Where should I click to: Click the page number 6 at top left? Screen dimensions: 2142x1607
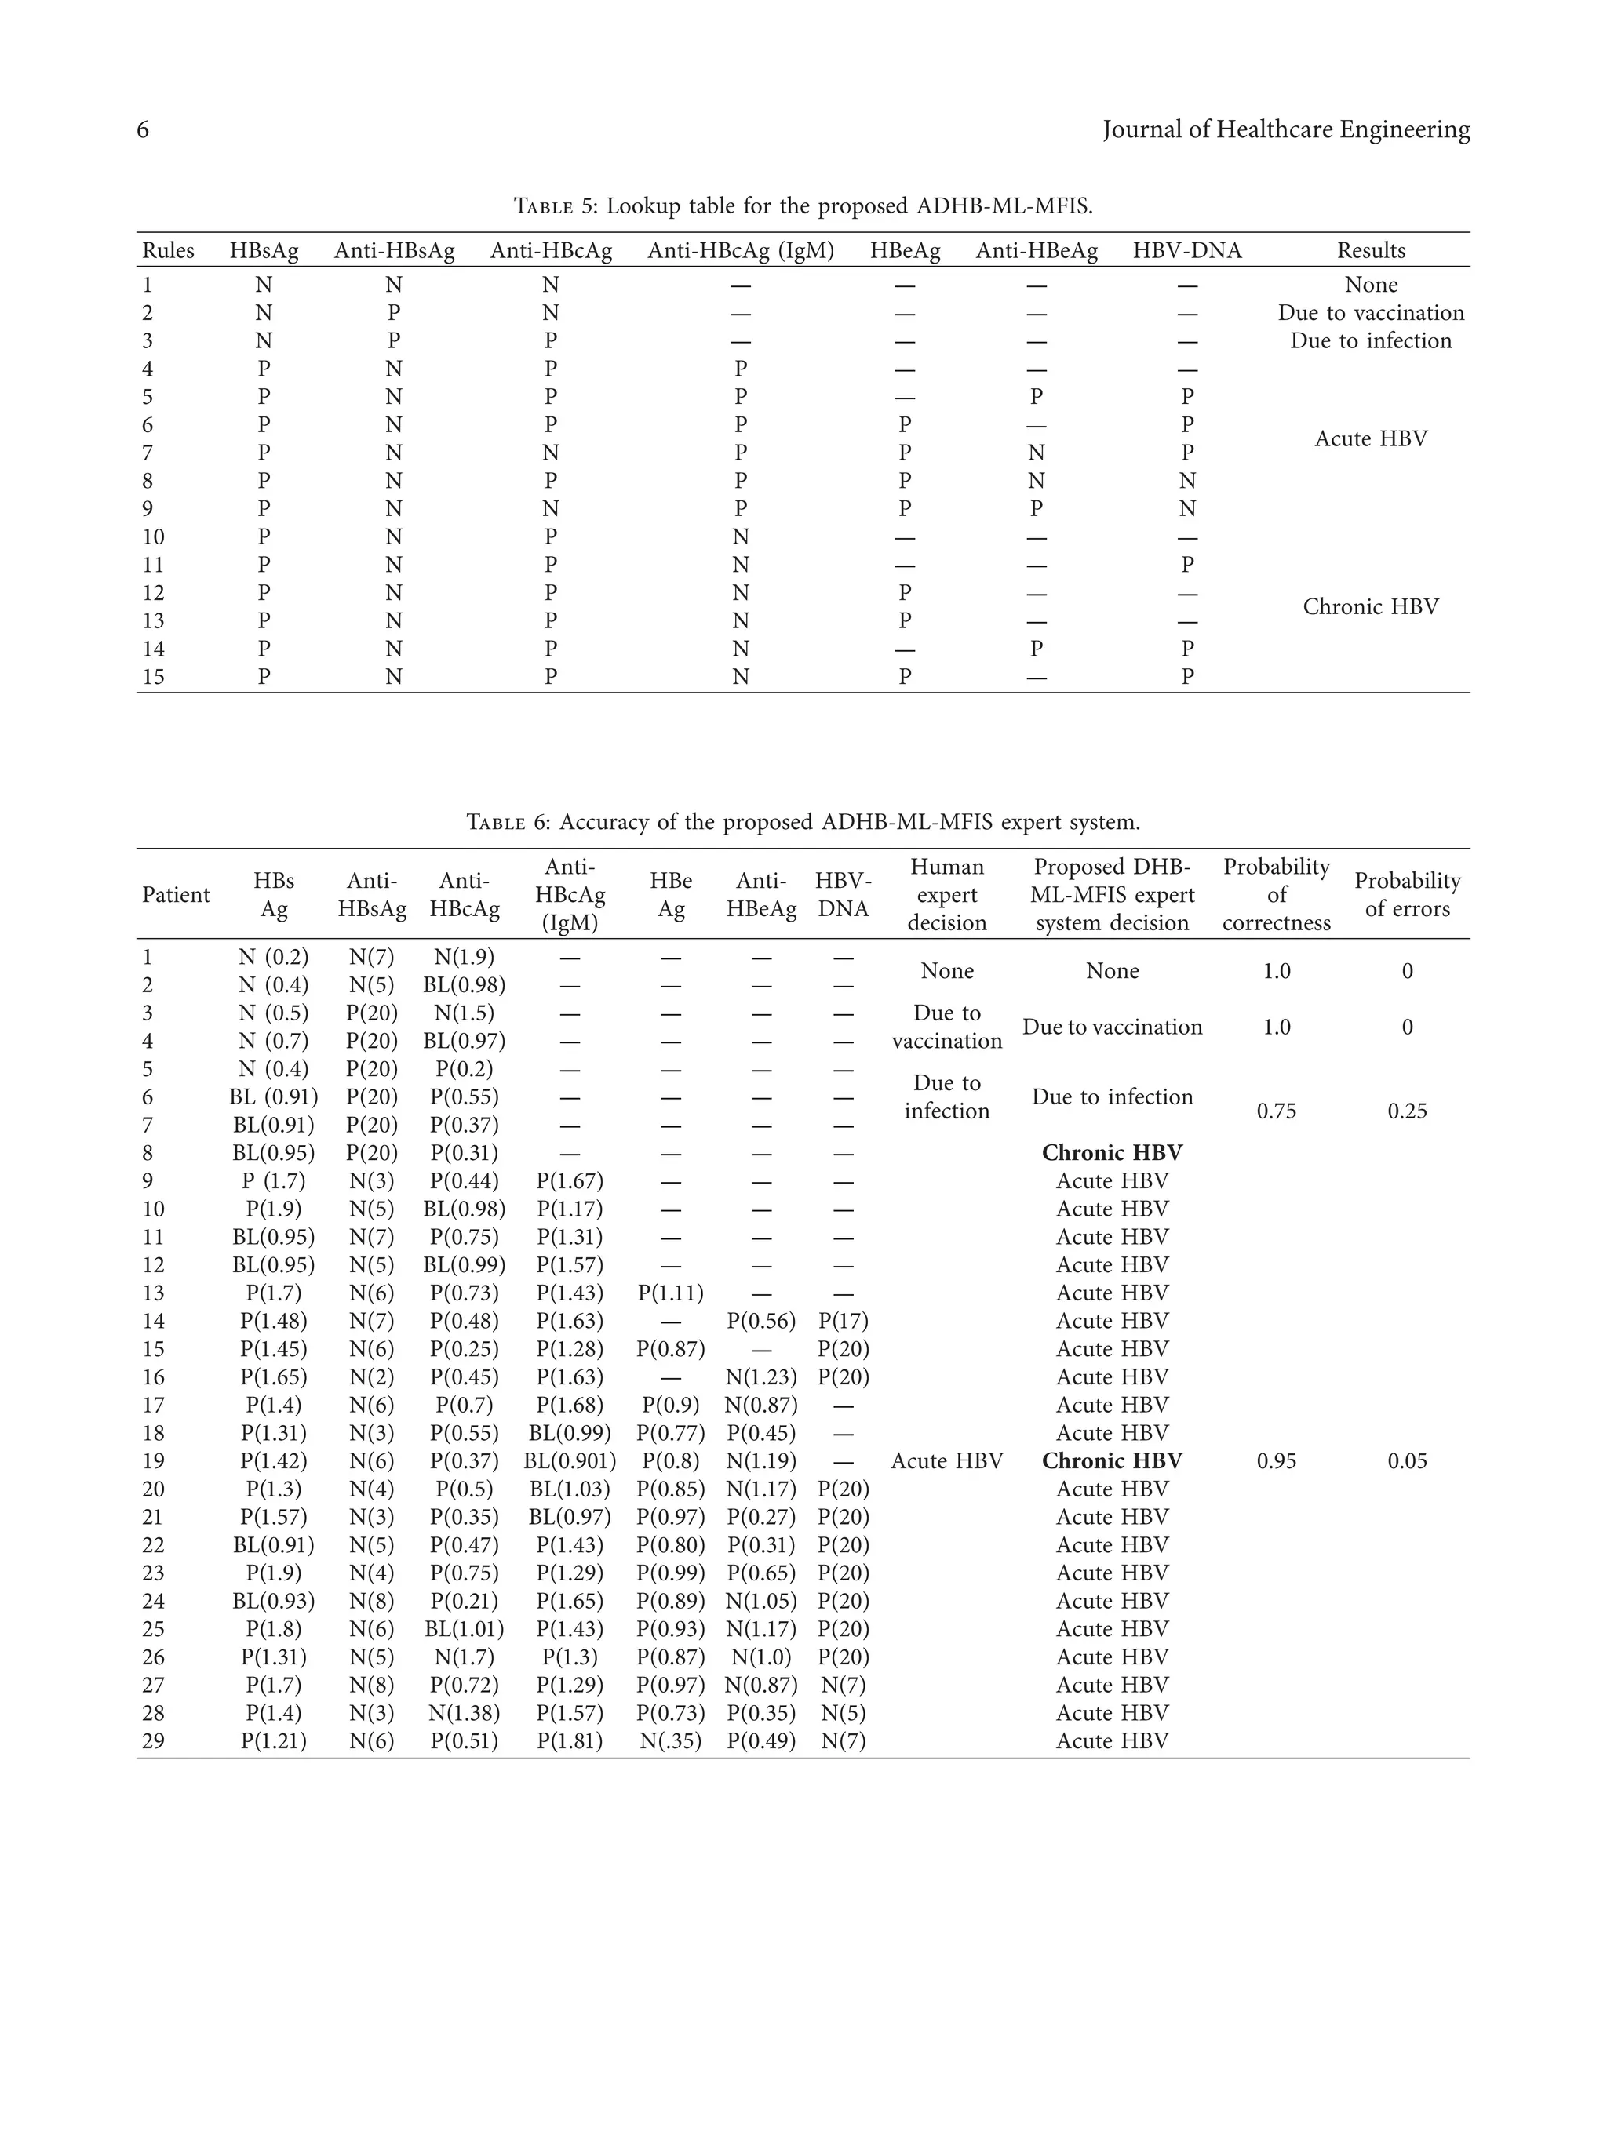[x=142, y=129]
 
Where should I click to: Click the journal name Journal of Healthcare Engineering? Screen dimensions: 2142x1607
[x=1285, y=129]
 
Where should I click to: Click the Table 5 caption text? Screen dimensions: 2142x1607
[x=802, y=206]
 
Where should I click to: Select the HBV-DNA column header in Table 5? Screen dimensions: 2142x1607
[x=1186, y=251]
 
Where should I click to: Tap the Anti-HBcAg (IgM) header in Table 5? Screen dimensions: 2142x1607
[x=740, y=251]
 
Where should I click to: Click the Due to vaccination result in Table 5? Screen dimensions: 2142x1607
[x=1370, y=313]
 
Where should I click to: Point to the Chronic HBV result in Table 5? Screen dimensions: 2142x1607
[x=1370, y=607]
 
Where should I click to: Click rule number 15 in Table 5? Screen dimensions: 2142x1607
[x=153, y=677]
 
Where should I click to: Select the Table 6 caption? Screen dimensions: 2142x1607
[x=802, y=822]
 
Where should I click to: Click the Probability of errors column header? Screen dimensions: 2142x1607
[x=1406, y=895]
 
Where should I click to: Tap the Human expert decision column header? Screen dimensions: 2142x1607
[x=946, y=895]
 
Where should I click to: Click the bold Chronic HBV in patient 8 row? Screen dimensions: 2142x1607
[x=1111, y=1153]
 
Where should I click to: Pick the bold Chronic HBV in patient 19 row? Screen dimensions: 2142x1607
[x=1111, y=1461]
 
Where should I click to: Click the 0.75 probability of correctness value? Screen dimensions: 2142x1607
[x=1276, y=1111]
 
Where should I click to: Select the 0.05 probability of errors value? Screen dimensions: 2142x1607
[x=1406, y=1461]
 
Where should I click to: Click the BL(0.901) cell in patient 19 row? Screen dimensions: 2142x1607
[x=570, y=1461]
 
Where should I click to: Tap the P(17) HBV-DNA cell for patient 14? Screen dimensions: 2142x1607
[x=843, y=1322]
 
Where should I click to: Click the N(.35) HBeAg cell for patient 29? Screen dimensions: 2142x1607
[x=670, y=1741]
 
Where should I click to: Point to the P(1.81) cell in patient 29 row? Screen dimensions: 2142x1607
[x=570, y=1741]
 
